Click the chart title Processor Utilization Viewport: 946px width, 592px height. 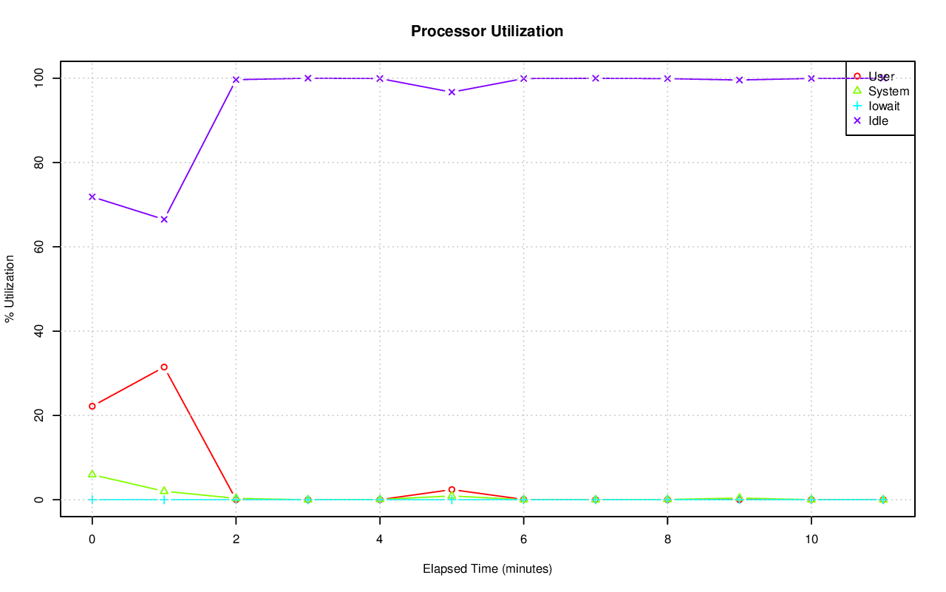click(487, 31)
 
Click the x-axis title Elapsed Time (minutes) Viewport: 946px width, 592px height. click(487, 569)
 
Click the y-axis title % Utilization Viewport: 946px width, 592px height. click(10, 288)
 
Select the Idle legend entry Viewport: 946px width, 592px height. click(878, 120)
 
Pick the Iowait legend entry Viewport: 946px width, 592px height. click(883, 106)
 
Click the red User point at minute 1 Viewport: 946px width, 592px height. click(164, 367)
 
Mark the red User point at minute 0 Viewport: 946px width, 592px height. click(92, 406)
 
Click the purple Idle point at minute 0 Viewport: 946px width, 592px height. click(92, 197)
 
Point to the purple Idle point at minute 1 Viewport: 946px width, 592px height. click(164, 220)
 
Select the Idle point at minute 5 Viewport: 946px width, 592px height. click(452, 92)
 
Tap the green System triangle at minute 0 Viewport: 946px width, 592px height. click(92, 474)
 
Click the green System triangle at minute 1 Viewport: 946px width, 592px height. click(164, 491)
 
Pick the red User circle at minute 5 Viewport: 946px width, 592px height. click(452, 490)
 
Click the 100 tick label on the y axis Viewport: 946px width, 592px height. click(43, 78)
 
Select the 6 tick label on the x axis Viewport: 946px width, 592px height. click(523, 540)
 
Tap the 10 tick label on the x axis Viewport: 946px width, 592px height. click(811, 540)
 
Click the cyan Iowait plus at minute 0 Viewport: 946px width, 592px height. click(92, 500)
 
